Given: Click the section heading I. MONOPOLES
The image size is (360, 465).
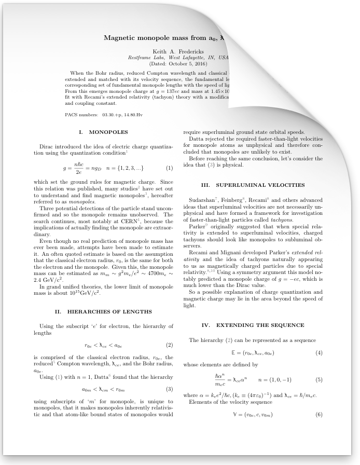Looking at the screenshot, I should coord(103,132).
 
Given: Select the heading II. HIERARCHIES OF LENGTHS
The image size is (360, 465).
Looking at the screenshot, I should coord(103,311).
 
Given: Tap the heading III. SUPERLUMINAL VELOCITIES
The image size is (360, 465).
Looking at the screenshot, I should coord(253,185).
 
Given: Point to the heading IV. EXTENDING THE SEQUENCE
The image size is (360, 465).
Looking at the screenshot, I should coord(253,325).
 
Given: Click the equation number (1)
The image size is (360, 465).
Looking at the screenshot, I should coord(169,168).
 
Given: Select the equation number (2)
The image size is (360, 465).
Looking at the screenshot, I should coord(169,345).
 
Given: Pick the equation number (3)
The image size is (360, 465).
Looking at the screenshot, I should coord(169,389).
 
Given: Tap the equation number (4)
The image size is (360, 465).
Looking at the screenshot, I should coord(319,353).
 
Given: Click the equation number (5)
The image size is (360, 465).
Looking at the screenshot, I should coord(319,380).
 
